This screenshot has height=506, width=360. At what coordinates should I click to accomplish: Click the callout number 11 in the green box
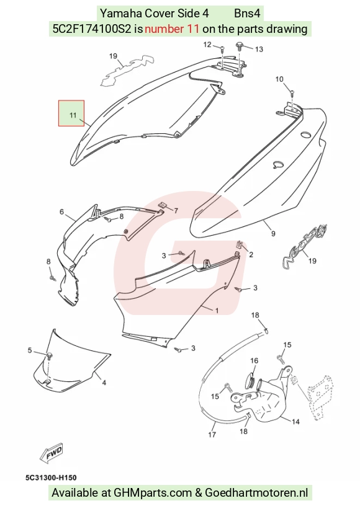pos(73,115)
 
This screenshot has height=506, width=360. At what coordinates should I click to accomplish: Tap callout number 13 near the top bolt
pos(259,49)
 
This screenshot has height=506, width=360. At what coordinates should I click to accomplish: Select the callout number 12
pos(207,45)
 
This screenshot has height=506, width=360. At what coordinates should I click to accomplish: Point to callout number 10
pos(279,79)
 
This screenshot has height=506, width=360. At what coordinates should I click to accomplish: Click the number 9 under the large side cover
pos(273,233)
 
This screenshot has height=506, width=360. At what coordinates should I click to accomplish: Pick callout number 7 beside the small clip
pos(176,211)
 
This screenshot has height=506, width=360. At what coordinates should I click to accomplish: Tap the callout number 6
pos(61,212)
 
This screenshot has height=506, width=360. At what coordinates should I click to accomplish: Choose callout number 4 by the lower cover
pos(104,383)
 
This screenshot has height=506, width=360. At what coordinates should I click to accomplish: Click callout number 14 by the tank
pos(295,422)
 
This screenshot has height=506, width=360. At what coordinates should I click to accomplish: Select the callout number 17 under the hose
pos(212,435)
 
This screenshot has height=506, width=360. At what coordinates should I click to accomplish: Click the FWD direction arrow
pos(52,453)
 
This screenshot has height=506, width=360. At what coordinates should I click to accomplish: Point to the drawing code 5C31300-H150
pos(51,477)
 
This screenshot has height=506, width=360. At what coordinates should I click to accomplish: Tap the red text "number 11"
pos(172,29)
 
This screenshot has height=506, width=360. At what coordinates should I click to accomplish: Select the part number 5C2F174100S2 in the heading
pos(92,29)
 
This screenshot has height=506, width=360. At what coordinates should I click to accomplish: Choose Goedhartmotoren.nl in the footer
pos(256,493)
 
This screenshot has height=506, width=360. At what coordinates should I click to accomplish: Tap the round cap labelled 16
pos(251,378)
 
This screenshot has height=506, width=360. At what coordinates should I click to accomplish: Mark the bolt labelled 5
pos(50,357)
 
